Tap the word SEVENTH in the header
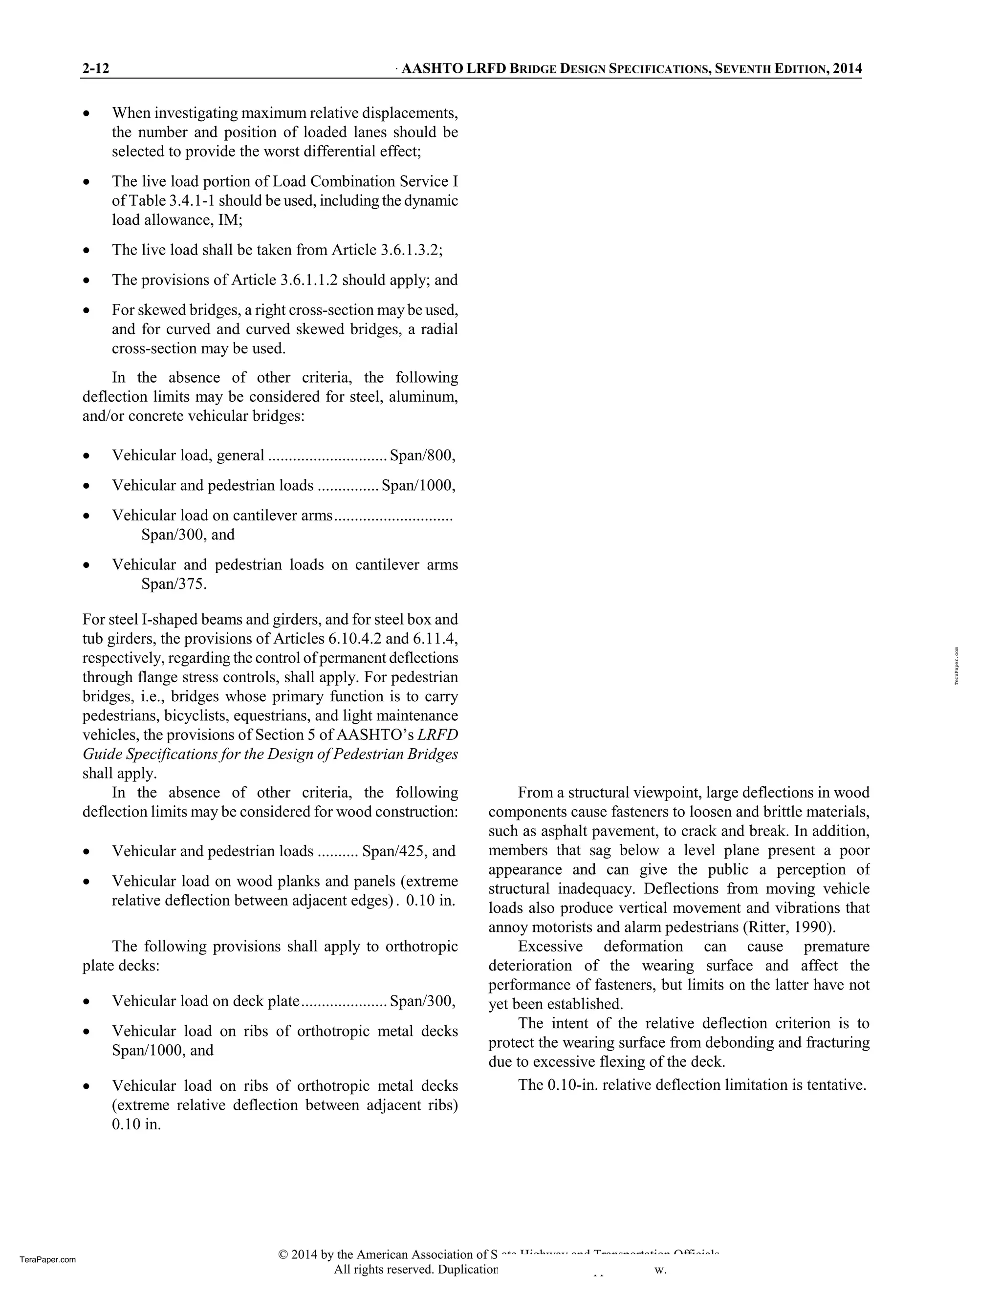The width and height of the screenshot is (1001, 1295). point(744,69)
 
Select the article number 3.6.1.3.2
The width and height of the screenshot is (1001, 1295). point(410,250)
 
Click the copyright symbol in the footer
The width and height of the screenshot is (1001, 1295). point(283,1254)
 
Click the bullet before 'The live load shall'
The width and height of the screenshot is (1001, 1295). point(87,250)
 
